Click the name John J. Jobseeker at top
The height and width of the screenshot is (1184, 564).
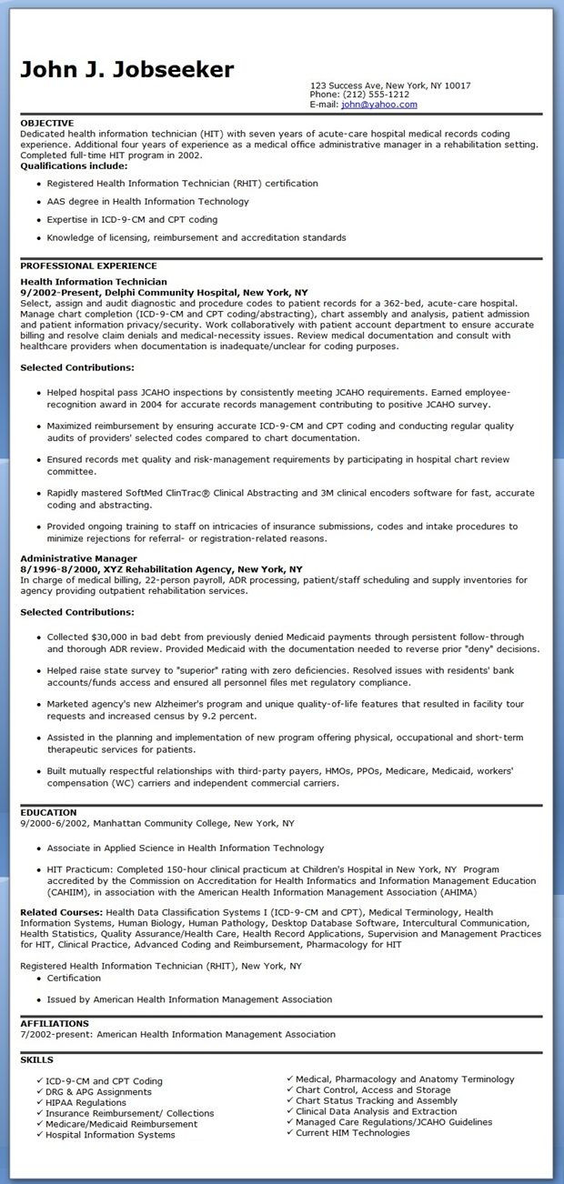tap(127, 70)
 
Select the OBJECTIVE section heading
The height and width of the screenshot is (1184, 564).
tap(47, 123)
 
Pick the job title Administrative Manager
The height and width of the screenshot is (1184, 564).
tap(78, 558)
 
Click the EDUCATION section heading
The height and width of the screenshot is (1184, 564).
tap(48, 812)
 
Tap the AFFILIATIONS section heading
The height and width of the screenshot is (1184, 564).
tap(55, 1024)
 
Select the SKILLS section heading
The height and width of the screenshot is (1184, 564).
tap(36, 1059)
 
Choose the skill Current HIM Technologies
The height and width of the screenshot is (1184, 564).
tap(353, 1133)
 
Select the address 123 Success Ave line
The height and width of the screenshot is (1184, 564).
tap(390, 85)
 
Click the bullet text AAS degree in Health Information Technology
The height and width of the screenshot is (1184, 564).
tap(148, 201)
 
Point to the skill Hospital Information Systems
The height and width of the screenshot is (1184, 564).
tap(111, 1135)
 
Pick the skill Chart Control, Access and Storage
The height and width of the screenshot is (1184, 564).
tap(373, 1089)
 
